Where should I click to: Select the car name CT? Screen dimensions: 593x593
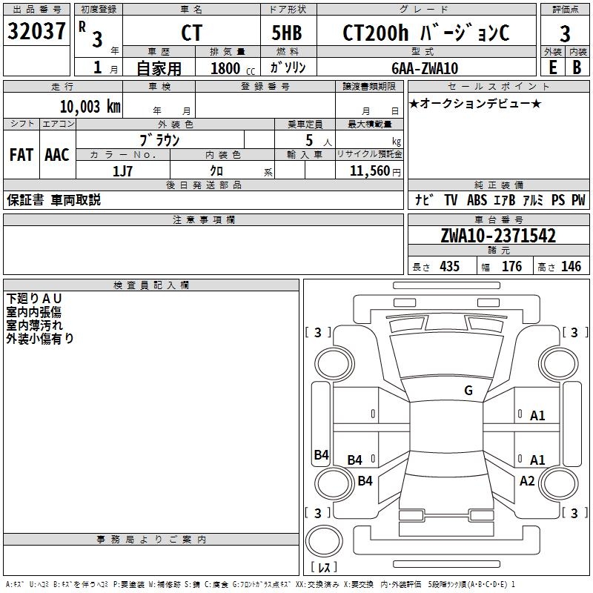[191, 33]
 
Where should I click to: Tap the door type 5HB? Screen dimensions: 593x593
[287, 33]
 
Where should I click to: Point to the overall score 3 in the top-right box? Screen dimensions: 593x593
[565, 33]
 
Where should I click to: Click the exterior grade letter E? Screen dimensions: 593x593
[553, 67]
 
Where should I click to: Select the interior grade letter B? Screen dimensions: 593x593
[577, 67]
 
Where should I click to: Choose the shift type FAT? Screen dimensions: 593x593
[21, 155]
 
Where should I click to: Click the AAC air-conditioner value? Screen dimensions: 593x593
[57, 155]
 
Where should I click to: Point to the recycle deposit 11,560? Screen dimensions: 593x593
[369, 170]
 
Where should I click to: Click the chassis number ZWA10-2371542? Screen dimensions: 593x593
[497, 236]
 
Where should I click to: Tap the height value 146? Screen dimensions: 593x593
[571, 267]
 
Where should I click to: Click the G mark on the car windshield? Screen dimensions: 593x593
[468, 391]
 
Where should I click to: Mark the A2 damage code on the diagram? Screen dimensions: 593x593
[527, 481]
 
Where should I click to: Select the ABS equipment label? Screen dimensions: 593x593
[477, 200]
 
